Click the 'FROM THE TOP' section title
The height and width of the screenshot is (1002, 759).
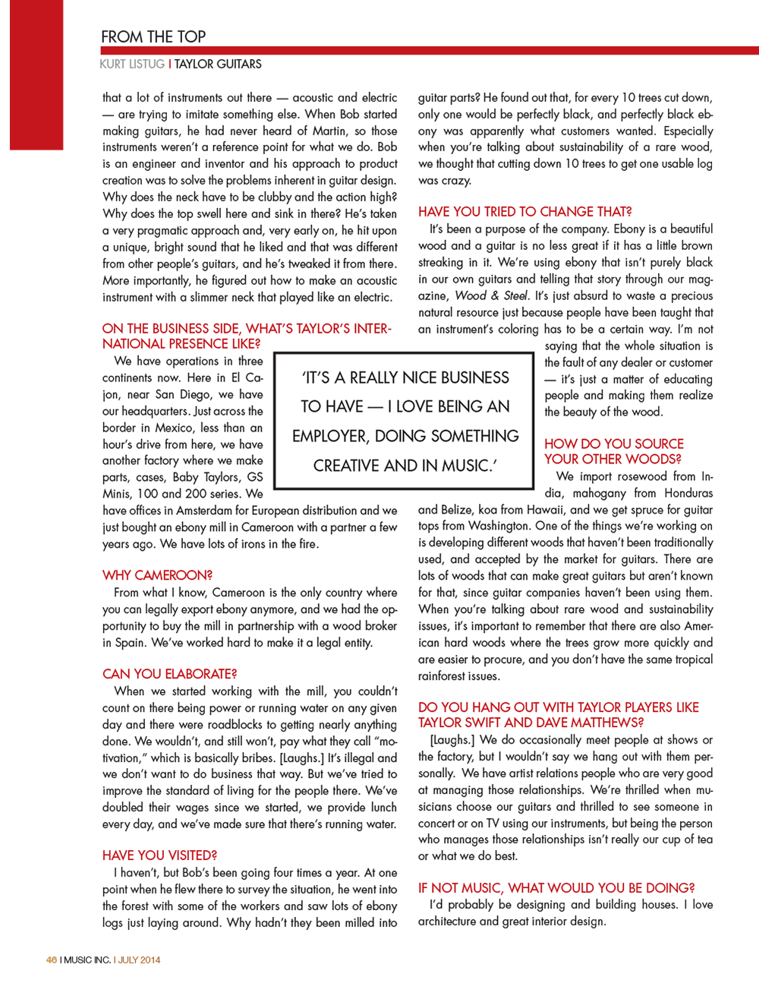153,36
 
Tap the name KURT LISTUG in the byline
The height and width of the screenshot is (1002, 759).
132,65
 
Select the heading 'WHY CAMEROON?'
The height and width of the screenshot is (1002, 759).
157,575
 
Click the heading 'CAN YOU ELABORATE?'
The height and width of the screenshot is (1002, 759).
169,674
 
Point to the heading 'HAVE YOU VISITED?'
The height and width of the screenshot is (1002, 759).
159,855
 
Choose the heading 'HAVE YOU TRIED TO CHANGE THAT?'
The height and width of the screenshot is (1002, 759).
524,212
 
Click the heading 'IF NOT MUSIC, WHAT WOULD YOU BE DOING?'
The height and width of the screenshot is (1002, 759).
556,888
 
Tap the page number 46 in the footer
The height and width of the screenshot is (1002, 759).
51,960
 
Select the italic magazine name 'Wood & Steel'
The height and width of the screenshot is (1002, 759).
492,296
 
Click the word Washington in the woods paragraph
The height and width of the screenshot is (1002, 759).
499,526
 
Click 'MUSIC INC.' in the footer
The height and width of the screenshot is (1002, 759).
87,960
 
